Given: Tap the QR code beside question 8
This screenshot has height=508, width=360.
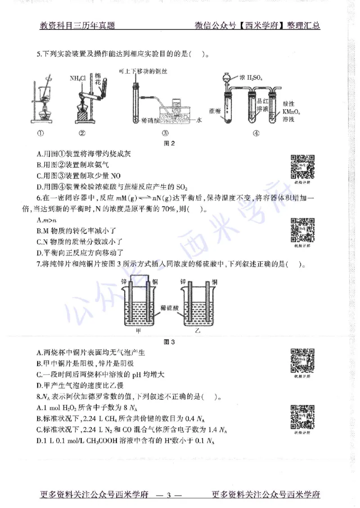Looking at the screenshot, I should (302, 416).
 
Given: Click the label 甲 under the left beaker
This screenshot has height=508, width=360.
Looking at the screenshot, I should (139, 331).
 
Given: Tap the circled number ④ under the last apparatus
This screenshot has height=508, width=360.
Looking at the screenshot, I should (256, 133).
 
